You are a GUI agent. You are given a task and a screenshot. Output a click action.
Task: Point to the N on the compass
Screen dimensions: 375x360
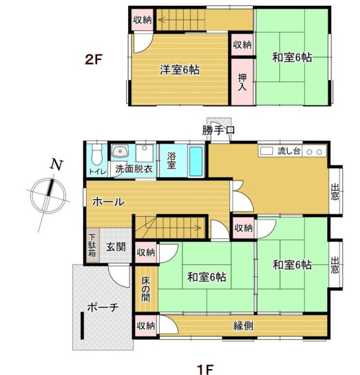pyautogui.click(x=56, y=165)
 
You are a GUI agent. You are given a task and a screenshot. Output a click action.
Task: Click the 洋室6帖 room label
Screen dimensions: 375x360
pyautogui.click(x=180, y=70)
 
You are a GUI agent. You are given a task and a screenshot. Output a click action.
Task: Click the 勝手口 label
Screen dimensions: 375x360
pyautogui.click(x=219, y=129)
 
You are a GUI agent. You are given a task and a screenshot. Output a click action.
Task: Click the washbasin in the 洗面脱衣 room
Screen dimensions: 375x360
pyautogui.click(x=120, y=152)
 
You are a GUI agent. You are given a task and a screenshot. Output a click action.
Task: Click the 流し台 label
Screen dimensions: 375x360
pyautogui.click(x=289, y=151)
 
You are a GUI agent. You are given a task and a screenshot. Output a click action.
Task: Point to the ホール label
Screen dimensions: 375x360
pyautogui.click(x=108, y=202)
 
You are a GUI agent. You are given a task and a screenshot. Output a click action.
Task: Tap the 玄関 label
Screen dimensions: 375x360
pyautogui.click(x=115, y=247)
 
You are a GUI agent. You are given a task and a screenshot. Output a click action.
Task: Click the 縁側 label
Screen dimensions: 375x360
pyautogui.click(x=243, y=326)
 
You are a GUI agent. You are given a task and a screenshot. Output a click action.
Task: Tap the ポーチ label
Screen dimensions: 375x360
pyautogui.click(x=102, y=306)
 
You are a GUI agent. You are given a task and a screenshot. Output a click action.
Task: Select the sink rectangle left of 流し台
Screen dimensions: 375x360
pyautogui.click(x=267, y=151)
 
